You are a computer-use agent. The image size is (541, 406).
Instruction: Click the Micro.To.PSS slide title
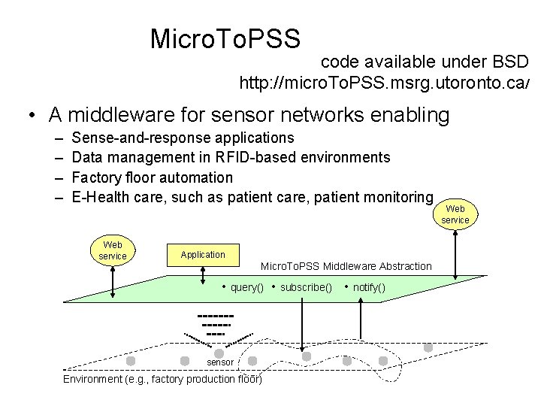[225, 37]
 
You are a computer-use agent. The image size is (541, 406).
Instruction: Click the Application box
[202, 255]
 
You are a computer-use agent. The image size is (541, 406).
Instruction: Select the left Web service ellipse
[113, 251]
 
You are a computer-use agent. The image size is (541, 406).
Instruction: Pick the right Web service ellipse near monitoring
[455, 214]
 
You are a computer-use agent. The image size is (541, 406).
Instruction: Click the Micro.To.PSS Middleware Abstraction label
[346, 266]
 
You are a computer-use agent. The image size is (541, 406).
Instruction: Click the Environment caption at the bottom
[162, 379]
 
